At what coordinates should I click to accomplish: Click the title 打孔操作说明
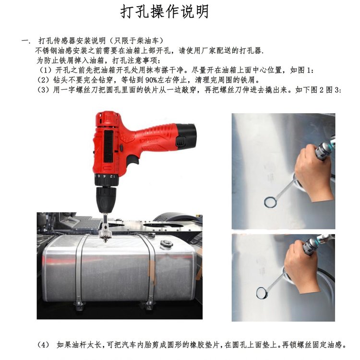click(x=164, y=12)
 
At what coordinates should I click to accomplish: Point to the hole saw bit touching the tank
click(x=106, y=233)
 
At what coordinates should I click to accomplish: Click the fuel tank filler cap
click(x=166, y=244)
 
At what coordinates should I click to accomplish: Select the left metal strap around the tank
click(x=80, y=269)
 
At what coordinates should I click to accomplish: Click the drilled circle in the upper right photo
click(x=270, y=202)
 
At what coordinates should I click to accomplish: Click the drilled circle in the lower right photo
click(x=262, y=293)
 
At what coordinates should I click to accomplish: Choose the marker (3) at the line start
click(x=44, y=90)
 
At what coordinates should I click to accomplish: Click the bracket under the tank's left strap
click(x=79, y=305)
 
